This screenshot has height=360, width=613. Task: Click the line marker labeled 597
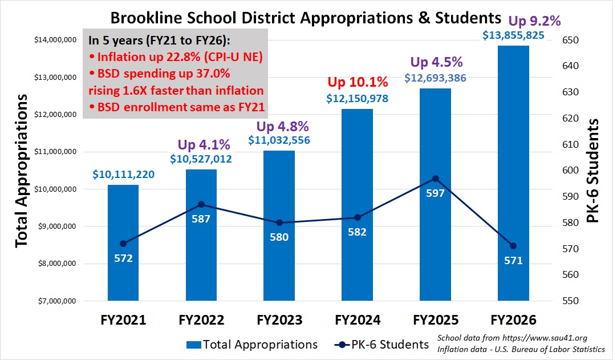435,178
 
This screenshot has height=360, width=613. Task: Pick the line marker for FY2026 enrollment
513,246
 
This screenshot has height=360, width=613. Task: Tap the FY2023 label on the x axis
279,319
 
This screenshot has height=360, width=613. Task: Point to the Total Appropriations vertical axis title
21,171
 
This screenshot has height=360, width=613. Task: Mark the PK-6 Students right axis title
594,171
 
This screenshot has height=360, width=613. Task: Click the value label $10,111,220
123,175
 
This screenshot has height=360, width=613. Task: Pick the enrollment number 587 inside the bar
201,219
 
